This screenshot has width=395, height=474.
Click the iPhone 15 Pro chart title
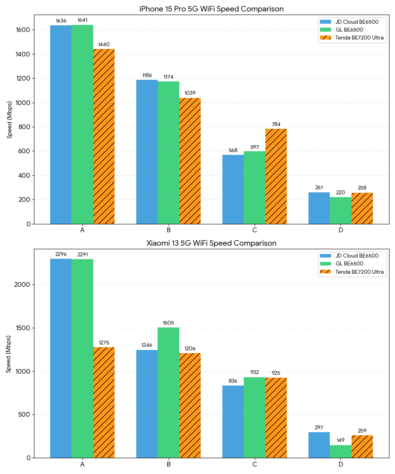point(211,9)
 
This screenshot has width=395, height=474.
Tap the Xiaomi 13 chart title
point(211,243)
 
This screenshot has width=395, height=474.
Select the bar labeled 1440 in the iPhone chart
point(104,136)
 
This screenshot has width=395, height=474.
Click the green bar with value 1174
point(168,152)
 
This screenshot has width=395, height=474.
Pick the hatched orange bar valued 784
point(276,176)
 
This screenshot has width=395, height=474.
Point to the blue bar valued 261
point(319,208)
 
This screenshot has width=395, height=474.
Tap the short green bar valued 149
point(340,451)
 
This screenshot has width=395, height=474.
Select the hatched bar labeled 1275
point(104,403)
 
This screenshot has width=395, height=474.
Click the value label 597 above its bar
point(254,147)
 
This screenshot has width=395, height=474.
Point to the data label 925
point(276,373)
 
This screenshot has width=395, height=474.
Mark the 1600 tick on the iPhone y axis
point(24,30)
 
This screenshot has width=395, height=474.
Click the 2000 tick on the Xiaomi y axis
point(24,285)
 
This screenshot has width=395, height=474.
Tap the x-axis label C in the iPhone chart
point(254,230)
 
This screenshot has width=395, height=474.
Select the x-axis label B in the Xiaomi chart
point(168,464)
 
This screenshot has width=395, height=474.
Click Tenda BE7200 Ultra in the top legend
point(359,38)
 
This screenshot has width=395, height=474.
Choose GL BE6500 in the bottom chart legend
point(349,263)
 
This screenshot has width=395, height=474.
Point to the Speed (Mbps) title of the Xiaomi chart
point(9,354)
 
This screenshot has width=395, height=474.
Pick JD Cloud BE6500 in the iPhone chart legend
point(357,22)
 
